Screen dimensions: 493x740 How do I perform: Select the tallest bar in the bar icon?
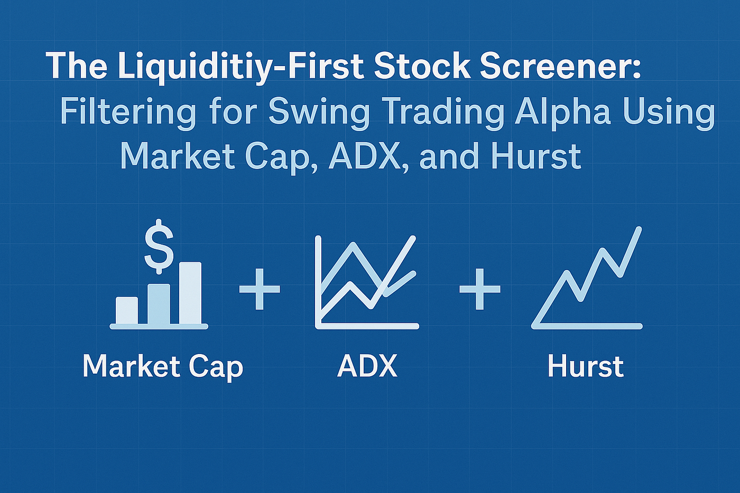point(190,293)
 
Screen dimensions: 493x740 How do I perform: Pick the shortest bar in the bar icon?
point(127,310)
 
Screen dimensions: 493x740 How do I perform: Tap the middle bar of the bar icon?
point(159,304)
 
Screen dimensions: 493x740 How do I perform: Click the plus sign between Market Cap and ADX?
point(260,289)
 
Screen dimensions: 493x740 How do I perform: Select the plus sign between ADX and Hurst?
point(479,289)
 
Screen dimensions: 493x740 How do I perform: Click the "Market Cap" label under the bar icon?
point(163,366)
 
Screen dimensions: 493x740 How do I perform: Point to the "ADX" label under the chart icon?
point(367,366)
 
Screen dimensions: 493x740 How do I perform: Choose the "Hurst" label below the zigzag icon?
point(586,366)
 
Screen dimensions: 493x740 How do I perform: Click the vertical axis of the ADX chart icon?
point(318,280)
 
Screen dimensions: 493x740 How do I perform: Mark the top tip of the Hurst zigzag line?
point(639,230)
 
